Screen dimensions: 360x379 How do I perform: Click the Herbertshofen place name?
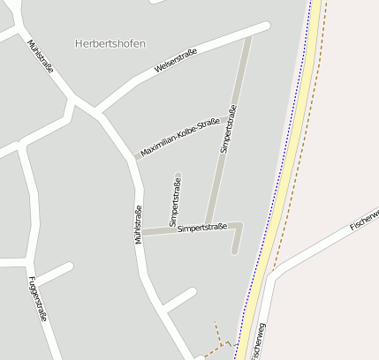pos(110,43)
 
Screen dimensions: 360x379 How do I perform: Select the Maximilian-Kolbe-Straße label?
pos(179,139)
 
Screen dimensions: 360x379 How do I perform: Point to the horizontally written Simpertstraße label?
pos(202,228)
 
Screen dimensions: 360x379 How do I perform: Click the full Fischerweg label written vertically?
pos(258,340)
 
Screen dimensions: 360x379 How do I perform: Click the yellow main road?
pos(284,176)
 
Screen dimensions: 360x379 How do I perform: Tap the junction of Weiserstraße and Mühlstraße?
pos(95,111)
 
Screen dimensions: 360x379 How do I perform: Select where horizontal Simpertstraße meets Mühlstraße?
pos(142,233)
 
